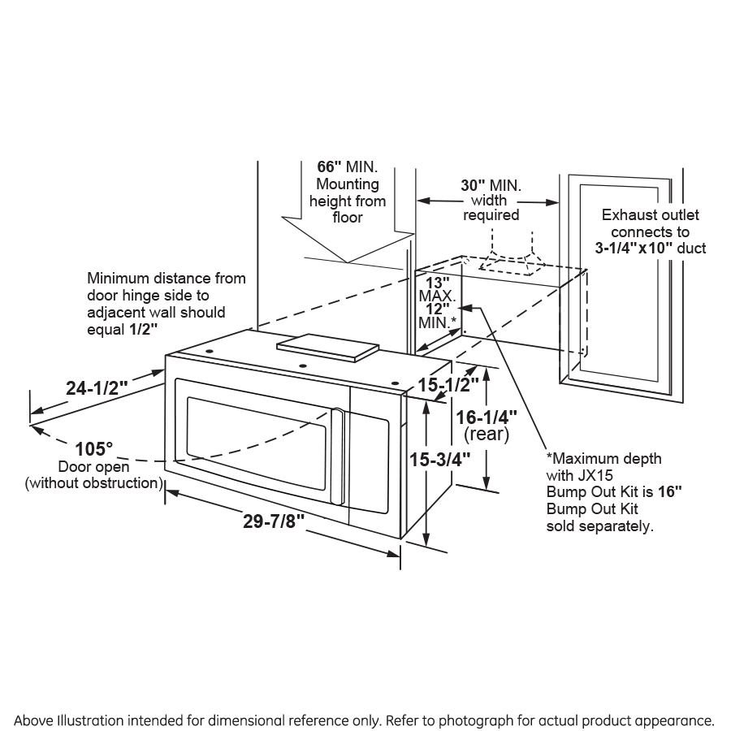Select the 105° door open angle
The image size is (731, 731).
coord(94,449)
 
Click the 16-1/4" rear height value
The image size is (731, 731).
coord(487,417)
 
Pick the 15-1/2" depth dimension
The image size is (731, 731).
coord(442,386)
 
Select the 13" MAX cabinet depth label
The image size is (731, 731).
coord(439,283)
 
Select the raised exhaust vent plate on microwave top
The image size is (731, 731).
coord(327,346)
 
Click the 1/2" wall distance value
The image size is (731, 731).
coord(142,329)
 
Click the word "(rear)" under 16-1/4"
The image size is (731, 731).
coord(487,435)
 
